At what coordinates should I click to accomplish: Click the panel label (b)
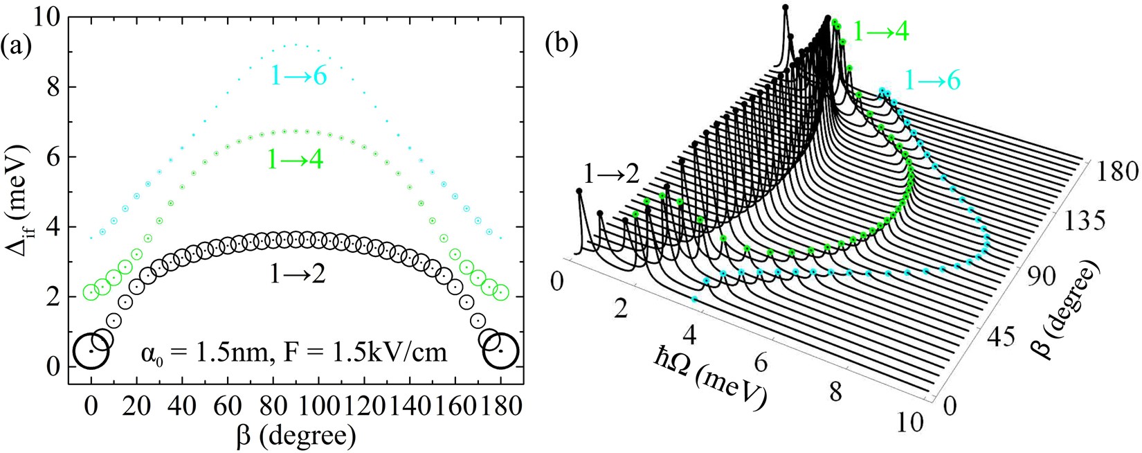(561, 43)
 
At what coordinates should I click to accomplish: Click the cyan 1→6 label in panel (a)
(298, 75)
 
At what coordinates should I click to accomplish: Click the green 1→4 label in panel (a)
(298, 161)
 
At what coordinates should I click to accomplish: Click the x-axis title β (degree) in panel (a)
(296, 434)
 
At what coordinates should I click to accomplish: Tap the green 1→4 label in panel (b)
(880, 32)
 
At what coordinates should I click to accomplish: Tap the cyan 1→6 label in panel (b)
(932, 81)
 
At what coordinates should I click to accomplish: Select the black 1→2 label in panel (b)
(610, 175)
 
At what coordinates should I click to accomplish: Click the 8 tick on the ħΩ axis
(835, 392)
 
